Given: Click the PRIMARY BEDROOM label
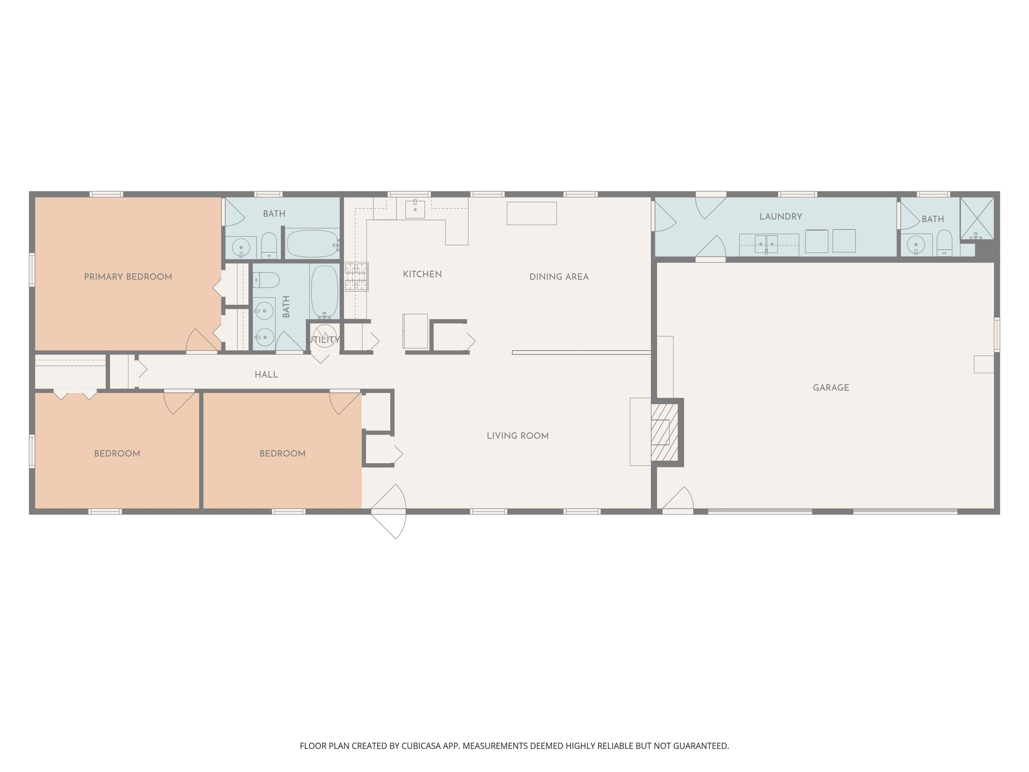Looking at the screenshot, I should tap(128, 277).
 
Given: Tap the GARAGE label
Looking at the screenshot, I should tap(831, 388).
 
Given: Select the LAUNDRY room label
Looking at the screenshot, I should tap(780, 216).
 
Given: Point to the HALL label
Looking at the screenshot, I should tap(266, 375).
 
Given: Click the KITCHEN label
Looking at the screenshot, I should tap(422, 274).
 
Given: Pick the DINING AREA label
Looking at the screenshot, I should tap(559, 277).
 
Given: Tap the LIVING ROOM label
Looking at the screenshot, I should tap(517, 436).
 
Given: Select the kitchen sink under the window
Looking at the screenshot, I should tap(414, 209).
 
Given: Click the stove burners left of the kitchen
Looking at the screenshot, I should tap(356, 276).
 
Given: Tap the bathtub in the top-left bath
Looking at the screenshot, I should tap(313, 243).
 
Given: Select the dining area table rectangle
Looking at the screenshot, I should tap(531, 213).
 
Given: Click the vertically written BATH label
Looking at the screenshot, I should tap(286, 307).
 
